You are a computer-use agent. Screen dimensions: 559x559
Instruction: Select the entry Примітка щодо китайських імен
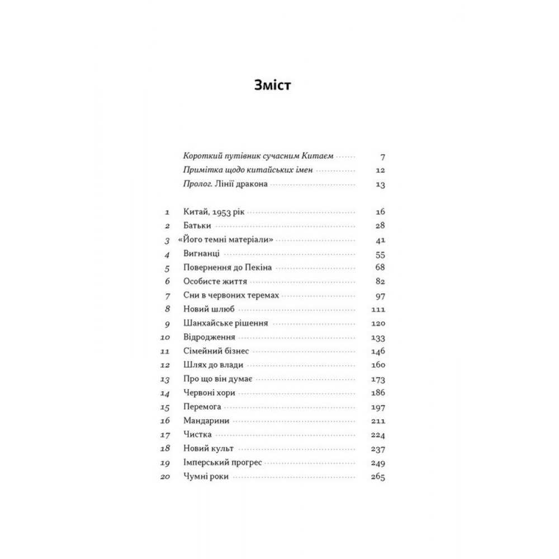[x=243, y=171]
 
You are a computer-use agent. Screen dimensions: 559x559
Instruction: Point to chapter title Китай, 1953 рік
[x=215, y=212]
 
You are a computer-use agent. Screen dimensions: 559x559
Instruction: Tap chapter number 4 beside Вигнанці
[x=166, y=254]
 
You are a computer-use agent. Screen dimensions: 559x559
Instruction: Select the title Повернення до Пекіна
[x=228, y=267]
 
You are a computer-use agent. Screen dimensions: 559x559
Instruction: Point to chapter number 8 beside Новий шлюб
[x=166, y=309]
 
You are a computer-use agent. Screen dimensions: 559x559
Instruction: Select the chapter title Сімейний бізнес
[x=216, y=351]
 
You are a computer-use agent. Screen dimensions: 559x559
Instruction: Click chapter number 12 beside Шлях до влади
[x=164, y=365]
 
